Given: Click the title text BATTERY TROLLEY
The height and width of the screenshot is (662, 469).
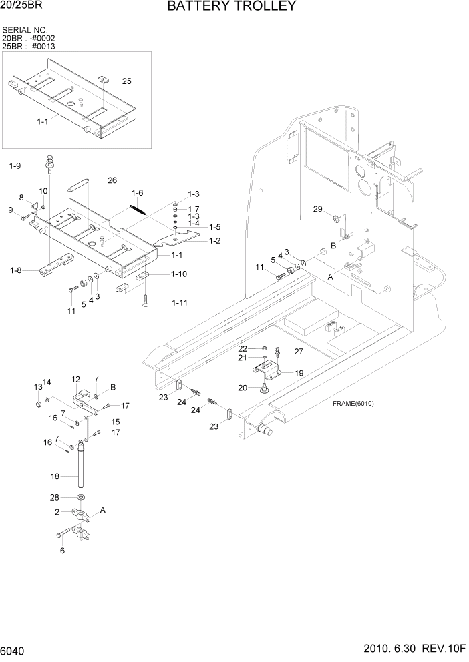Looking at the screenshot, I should (231, 7).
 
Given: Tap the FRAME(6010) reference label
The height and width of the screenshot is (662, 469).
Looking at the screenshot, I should (352, 404).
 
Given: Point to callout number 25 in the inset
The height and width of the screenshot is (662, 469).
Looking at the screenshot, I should (126, 81).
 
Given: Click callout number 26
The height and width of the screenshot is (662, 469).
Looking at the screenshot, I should (112, 180).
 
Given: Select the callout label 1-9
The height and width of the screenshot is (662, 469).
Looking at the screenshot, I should (15, 165).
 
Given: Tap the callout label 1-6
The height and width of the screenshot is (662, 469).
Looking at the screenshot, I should (137, 193).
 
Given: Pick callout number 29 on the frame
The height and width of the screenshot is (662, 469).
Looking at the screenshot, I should (319, 210).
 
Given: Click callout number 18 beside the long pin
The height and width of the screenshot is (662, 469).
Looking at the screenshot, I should (55, 476).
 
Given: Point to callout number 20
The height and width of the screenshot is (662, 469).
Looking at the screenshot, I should (243, 388).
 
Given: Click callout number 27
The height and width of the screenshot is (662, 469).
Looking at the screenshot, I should (299, 351).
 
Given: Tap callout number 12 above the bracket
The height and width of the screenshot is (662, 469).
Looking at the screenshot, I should (75, 379).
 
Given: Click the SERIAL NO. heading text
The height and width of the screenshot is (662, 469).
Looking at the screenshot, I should (25, 30).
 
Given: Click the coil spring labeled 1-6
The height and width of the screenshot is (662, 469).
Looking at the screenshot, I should (137, 206).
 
